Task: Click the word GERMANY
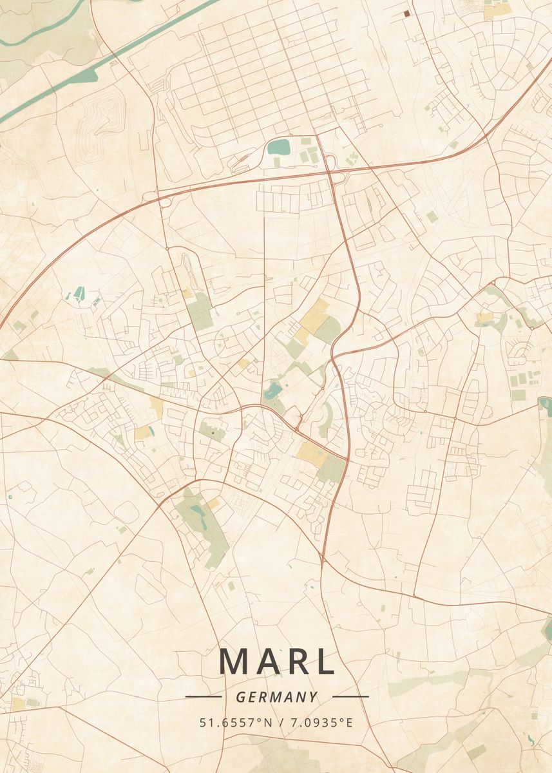pos(276,697)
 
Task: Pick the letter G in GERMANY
pos(240,697)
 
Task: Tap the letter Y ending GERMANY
pos(313,697)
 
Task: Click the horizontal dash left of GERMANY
pos(204,696)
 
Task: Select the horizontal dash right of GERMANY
pos(350,696)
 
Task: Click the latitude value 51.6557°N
pos(236,722)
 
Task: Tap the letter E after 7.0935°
pos(350,722)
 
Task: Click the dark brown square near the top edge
pos(406,12)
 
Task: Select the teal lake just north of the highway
pos(280,147)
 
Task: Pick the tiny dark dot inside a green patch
pos(213,433)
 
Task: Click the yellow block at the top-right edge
pos(496,11)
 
